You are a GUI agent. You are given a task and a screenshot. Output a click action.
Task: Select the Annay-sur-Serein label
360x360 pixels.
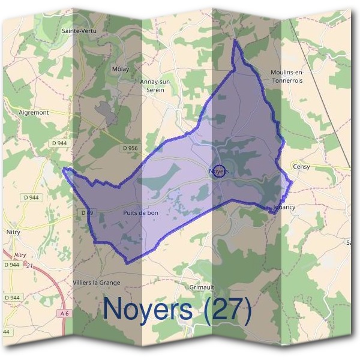pyautogui.click(x=155, y=85)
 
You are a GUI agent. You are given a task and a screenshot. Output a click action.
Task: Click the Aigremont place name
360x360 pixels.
pyautogui.click(x=34, y=112)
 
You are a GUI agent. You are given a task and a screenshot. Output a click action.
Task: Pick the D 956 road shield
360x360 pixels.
pyautogui.click(x=130, y=148)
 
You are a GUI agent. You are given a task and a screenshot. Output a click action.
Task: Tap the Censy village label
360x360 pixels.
pyautogui.click(x=301, y=167)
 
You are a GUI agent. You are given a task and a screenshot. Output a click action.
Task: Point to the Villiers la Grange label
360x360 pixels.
pyautogui.click(x=96, y=282)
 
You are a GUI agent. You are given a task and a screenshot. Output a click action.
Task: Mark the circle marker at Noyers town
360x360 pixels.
pyautogui.click(x=220, y=171)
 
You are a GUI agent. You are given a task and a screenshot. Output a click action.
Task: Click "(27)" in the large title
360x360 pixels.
pyautogui.click(x=227, y=310)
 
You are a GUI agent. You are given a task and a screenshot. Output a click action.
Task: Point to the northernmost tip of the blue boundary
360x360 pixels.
pyautogui.click(x=235, y=40)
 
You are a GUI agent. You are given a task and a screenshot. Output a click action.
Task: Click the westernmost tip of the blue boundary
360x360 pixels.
pyautogui.click(x=63, y=170)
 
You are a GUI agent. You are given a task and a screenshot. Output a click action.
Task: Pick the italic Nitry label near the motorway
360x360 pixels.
pyautogui.click(x=20, y=255)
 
